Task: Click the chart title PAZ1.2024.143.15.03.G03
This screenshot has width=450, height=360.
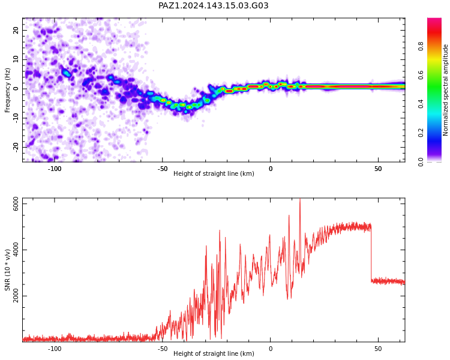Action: click(213, 5)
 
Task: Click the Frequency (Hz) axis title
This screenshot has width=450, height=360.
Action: click(7, 90)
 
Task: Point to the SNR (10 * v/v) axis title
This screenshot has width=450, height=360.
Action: click(7, 270)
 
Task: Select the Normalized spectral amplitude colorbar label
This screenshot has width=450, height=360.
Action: click(445, 90)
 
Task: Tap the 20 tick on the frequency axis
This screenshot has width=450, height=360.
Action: click(16, 30)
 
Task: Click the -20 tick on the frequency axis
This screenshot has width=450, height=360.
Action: click(16, 148)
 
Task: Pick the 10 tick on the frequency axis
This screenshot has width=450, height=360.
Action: click(16, 59)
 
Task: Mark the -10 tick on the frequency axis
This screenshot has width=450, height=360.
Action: click(16, 118)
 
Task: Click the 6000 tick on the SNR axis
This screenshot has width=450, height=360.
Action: click(16, 204)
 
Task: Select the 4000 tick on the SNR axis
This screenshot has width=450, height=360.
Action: click(16, 250)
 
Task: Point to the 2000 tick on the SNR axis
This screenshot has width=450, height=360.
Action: click(16, 296)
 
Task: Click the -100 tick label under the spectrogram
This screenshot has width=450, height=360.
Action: click(55, 169)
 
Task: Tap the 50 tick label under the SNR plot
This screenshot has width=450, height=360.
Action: click(378, 349)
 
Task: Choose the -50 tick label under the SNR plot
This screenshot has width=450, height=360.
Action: click(163, 349)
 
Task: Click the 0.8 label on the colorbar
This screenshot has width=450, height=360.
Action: click(421, 46)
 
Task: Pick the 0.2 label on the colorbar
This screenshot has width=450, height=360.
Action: click(421, 133)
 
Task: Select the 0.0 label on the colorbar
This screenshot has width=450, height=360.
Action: click(421, 162)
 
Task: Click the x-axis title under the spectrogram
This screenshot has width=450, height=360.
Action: click(214, 173)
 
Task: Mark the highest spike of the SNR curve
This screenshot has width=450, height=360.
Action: click(300, 199)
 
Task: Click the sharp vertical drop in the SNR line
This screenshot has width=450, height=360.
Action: click(371, 253)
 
